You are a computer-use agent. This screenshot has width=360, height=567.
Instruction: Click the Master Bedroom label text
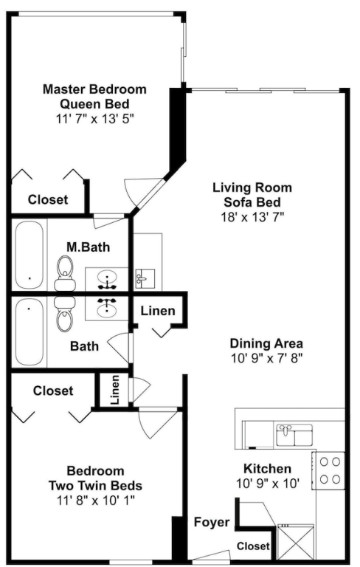click(94, 89)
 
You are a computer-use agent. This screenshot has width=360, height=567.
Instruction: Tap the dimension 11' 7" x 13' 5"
click(94, 119)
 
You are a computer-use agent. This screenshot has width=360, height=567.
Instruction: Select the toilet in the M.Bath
click(65, 273)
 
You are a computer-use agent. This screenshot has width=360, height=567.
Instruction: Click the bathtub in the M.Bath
click(30, 255)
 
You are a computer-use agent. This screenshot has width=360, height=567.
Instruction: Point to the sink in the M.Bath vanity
click(107, 278)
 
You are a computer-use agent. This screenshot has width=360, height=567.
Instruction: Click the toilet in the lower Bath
click(65, 314)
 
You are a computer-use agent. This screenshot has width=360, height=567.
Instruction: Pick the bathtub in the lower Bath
click(30, 331)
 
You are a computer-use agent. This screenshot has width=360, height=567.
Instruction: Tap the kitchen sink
click(294, 436)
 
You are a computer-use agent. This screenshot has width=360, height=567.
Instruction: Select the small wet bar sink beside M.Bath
click(145, 278)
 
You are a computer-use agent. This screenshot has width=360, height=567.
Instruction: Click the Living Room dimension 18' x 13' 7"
click(252, 216)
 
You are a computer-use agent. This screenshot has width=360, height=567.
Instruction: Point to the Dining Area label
click(266, 343)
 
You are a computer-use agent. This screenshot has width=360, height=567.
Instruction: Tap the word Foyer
click(212, 522)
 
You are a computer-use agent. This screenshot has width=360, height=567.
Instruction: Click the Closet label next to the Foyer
click(253, 546)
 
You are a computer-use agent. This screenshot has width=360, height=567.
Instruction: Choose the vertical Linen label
click(115, 390)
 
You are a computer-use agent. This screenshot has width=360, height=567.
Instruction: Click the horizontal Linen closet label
click(158, 311)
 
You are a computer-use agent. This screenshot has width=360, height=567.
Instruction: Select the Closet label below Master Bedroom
click(48, 199)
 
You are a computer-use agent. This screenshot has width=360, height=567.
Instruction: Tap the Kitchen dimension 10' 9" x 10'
click(268, 484)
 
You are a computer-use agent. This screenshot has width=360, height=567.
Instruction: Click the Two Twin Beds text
click(95, 485)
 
